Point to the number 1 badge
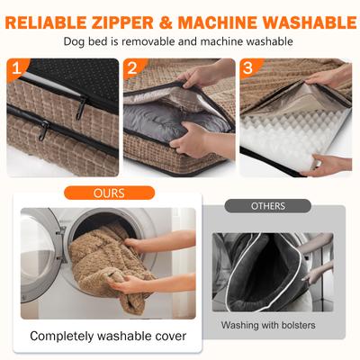click(x=17, y=68)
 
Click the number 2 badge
click(x=132, y=68)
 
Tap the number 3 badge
click(x=248, y=68)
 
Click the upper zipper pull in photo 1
click(x=81, y=107)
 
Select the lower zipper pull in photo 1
click(x=44, y=130)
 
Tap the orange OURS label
click(x=109, y=193)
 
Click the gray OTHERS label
click(x=268, y=206)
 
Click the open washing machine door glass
click(x=38, y=255)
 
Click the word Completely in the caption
click(x=62, y=337)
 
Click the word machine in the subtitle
click(x=220, y=41)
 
